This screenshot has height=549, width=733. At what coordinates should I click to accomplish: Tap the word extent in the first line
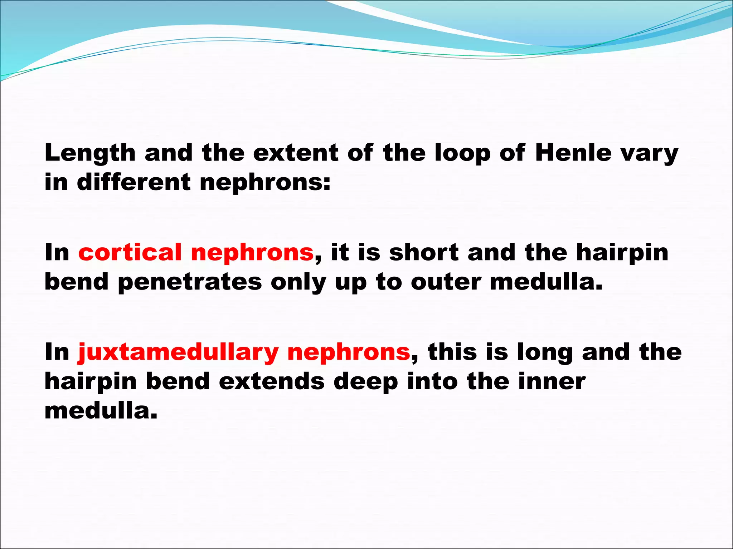tap(295, 153)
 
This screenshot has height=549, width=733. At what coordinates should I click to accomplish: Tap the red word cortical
tap(130, 252)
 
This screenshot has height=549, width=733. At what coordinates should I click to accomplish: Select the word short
tap(424, 252)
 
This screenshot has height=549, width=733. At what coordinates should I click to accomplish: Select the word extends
tap(272, 381)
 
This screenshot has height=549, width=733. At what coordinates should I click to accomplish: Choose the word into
tap(432, 381)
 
